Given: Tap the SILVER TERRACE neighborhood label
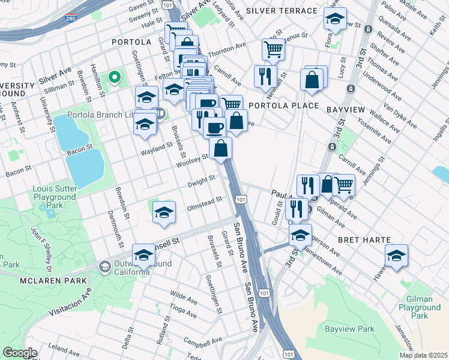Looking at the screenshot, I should (x=282, y=11).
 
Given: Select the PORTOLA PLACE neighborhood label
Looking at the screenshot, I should (x=278, y=105).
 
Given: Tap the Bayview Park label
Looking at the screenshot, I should (x=349, y=329).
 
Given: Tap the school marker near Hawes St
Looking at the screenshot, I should (x=396, y=256).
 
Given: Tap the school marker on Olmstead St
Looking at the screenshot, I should (x=164, y=212).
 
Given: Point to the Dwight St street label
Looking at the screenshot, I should (x=200, y=179).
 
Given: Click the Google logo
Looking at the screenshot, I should (x=20, y=353).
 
